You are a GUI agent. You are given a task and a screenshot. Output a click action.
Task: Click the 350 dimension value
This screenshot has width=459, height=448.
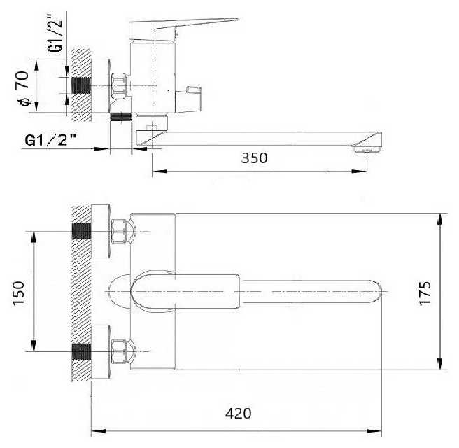click(254, 157)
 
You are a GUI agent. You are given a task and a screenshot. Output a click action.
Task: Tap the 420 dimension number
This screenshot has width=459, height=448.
click(239, 414)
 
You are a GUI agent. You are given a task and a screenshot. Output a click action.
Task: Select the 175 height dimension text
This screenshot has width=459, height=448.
click(425, 293)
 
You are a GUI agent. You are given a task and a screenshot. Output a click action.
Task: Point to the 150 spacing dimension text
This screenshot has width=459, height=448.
click(19, 293)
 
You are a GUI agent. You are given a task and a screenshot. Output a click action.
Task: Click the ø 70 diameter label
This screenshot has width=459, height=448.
click(23, 88)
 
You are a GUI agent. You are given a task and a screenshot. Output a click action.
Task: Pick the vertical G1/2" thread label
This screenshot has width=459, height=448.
click(55, 32)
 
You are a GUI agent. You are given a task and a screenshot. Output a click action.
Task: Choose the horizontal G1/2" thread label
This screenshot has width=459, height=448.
click(50, 140)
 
